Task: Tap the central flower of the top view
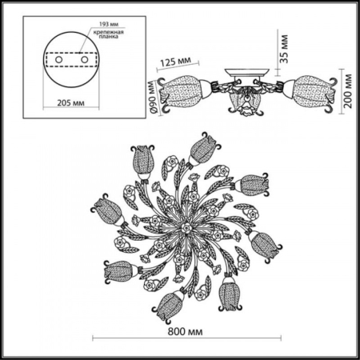pyautogui.click(x=183, y=228)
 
